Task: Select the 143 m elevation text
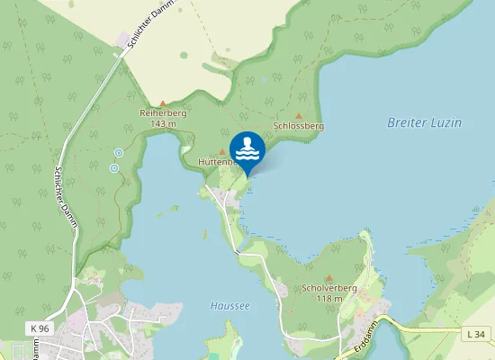(x=162, y=123)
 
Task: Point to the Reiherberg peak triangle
(x=162, y=103)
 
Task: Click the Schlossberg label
(x=298, y=127)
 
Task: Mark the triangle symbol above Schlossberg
(x=299, y=116)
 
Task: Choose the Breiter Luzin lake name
(x=422, y=122)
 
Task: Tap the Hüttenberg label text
(x=216, y=163)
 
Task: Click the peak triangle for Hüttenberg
(x=222, y=153)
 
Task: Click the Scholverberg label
(x=330, y=289)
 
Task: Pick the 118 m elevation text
(x=330, y=298)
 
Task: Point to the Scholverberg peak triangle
(x=329, y=278)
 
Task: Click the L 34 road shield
(x=477, y=335)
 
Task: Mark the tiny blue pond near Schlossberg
(x=265, y=78)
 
